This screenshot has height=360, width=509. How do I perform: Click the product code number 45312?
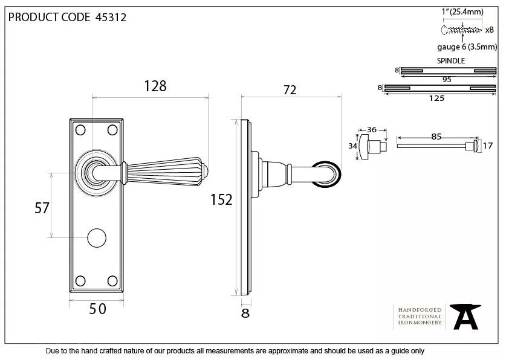click(111, 17)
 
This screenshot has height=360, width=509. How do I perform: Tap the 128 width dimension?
click(155, 86)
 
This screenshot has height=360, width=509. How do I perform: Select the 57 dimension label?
click(42, 208)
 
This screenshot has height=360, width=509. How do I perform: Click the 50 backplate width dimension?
click(98, 309)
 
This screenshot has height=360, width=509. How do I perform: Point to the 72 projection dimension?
click(290, 89)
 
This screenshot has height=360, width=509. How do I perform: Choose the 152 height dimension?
click(221, 199)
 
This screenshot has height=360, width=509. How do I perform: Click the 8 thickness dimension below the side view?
click(245, 313)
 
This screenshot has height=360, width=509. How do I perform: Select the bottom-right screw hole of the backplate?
click(112, 280)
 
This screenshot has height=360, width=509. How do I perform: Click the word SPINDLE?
click(451, 61)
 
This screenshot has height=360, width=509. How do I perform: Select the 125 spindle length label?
click(436, 98)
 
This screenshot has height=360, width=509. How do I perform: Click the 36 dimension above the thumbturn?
click(372, 129)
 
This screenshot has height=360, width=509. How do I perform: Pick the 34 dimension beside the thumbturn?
click(352, 146)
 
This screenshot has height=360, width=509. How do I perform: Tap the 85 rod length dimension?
click(436, 137)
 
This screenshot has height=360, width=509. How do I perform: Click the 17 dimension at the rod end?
click(488, 146)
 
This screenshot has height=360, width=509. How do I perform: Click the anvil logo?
click(467, 316)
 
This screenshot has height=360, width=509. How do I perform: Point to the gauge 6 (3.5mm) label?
click(467, 47)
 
